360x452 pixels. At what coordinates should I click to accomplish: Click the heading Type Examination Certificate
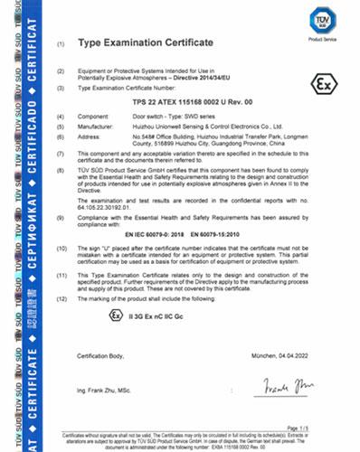coord(151,42)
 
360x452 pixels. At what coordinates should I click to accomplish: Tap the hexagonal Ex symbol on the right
coord(319,84)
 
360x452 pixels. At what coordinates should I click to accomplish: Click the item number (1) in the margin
coord(61,43)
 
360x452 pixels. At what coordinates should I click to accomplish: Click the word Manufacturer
coord(100,128)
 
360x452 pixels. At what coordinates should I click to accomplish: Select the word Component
coord(99,118)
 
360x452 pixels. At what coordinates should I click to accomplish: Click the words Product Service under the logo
coord(322,38)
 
